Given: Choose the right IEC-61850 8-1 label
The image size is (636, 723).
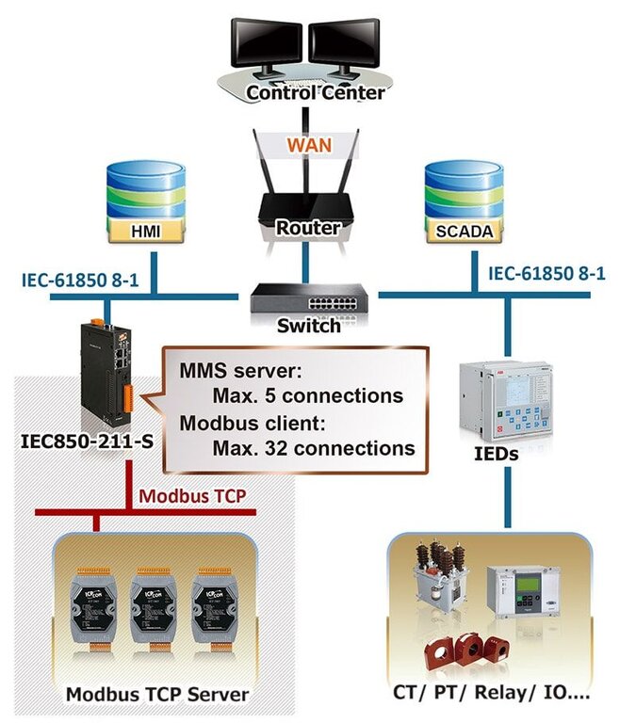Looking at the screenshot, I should (x=546, y=273).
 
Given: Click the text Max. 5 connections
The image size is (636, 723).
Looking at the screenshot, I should (x=307, y=394).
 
